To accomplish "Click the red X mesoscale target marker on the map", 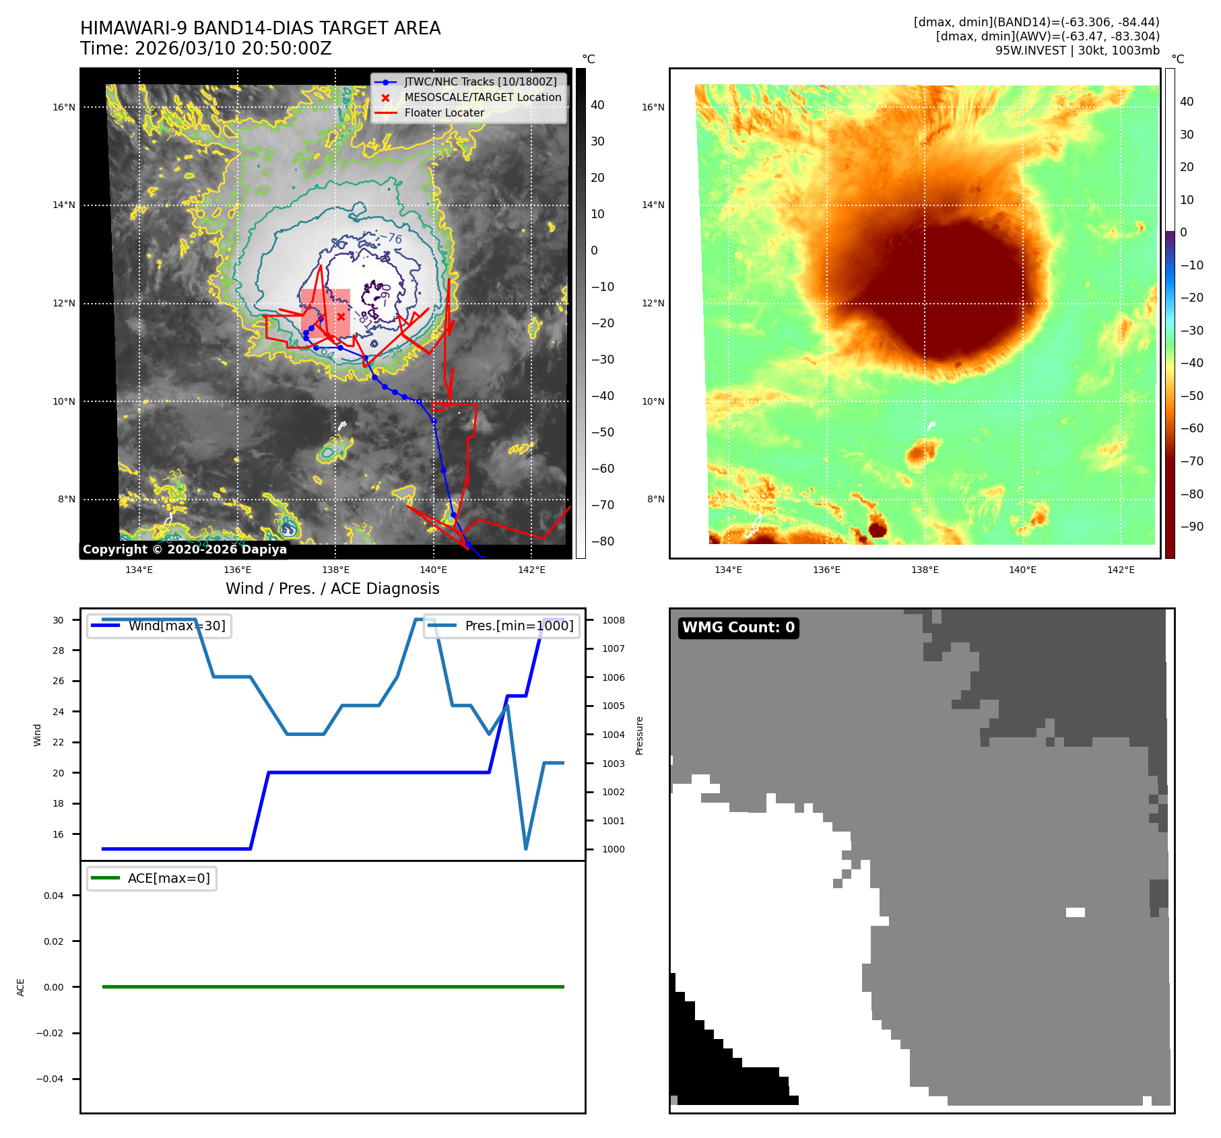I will pyautogui.click(x=341, y=316).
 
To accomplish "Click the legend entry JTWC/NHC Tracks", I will pyautogui.click(x=480, y=81).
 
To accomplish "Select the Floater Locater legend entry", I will pyautogui.click(x=444, y=112).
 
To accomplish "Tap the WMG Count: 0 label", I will pyautogui.click(x=738, y=627).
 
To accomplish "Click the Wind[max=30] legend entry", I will pyautogui.click(x=176, y=626).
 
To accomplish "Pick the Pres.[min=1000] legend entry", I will pyautogui.click(x=519, y=626).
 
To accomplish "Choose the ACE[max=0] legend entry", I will pyautogui.click(x=168, y=878).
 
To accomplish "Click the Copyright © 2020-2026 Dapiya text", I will pyautogui.click(x=185, y=549).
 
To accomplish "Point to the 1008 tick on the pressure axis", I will pyautogui.click(x=613, y=620).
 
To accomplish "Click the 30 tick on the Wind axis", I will pyautogui.click(x=59, y=620).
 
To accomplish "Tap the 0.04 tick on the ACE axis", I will pyautogui.click(x=53, y=896).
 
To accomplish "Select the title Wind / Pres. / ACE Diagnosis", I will pyautogui.click(x=332, y=589).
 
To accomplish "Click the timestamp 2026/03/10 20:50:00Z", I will pyautogui.click(x=233, y=48).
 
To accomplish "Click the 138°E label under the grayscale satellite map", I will pyautogui.click(x=335, y=570).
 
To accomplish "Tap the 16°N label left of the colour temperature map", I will pyautogui.click(x=653, y=107).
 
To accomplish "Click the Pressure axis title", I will pyautogui.click(x=639, y=735).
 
